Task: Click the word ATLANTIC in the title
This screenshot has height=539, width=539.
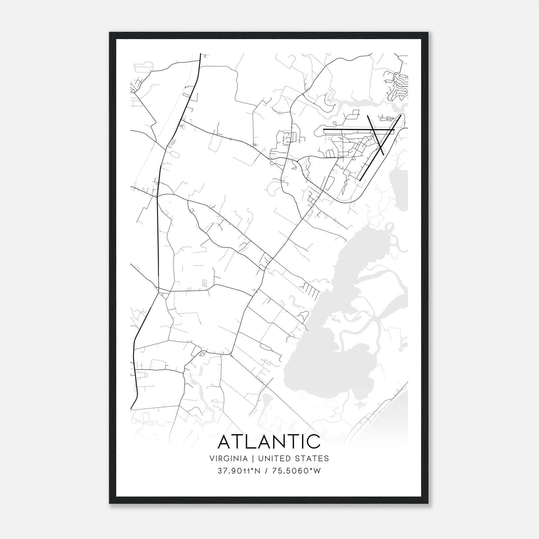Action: [269, 442]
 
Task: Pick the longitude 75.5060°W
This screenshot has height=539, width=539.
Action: [296, 471]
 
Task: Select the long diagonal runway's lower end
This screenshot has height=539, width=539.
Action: [360, 180]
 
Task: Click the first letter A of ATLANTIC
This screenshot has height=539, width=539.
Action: [225, 442]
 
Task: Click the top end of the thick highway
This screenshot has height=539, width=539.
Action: [200, 55]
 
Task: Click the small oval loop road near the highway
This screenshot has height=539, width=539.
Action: [176, 155]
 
